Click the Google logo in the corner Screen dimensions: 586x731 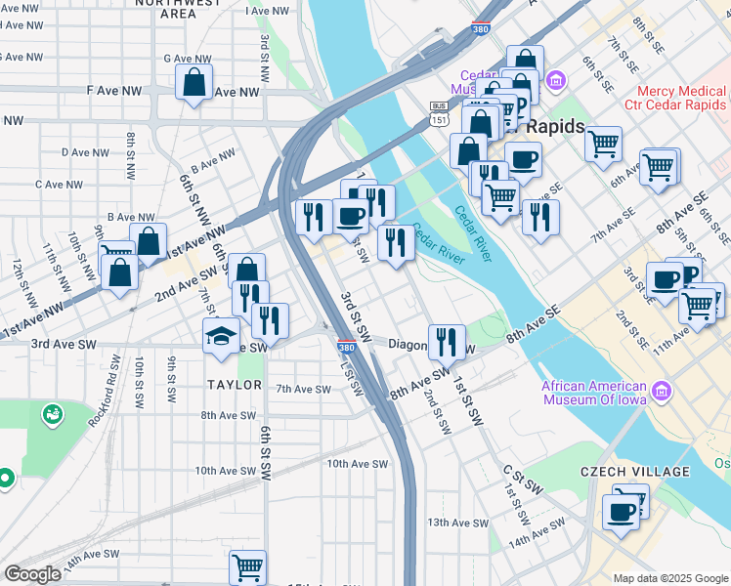(x=32, y=574)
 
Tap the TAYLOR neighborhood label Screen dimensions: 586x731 (x=234, y=385)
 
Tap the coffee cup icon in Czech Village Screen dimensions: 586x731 (x=620, y=511)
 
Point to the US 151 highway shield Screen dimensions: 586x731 (x=438, y=119)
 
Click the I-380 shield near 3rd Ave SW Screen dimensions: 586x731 (x=346, y=347)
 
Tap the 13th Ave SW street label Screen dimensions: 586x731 (x=451, y=523)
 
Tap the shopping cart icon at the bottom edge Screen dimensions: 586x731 (x=247, y=566)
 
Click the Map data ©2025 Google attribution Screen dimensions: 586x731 (x=670, y=578)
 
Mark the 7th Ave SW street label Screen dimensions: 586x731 (x=304, y=388)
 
